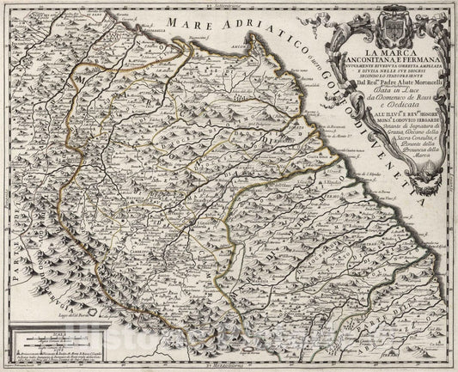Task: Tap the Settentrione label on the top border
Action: tap(237, 8)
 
